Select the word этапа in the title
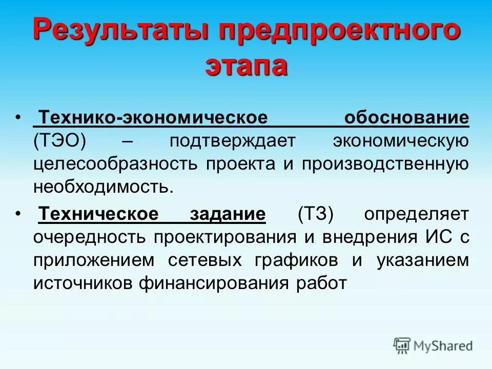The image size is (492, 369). point(246,67)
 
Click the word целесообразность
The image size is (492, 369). point(116,163)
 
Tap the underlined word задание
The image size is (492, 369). point(229,215)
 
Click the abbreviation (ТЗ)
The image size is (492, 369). point(315,215)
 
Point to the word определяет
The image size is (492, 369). point(416,215)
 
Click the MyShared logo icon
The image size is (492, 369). point(402,346)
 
